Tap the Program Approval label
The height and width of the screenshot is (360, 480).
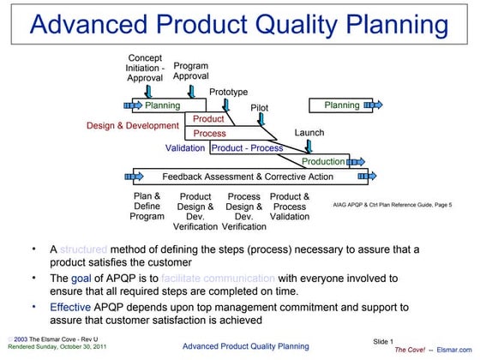[190, 71]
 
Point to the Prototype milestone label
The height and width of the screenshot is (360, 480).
[229, 92]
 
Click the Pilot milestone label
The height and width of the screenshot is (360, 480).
[260, 108]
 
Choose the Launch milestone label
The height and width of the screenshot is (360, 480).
[309, 133]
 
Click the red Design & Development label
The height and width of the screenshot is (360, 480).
[133, 125]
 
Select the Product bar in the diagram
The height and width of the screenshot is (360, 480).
[208, 119]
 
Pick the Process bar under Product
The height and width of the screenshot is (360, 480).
[210, 134]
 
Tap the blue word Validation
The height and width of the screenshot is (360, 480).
[185, 147]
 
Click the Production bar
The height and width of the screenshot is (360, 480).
[323, 162]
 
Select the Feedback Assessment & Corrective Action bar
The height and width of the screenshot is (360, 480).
[236, 177]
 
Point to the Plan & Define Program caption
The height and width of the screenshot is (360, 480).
[147, 206]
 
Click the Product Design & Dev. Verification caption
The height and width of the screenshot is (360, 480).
[195, 212]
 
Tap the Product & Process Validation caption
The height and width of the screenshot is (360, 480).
[290, 207]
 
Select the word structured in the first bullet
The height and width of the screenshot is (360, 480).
[84, 249]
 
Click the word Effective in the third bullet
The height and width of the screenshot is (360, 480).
[69, 307]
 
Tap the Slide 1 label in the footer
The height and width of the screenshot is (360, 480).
[384, 342]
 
